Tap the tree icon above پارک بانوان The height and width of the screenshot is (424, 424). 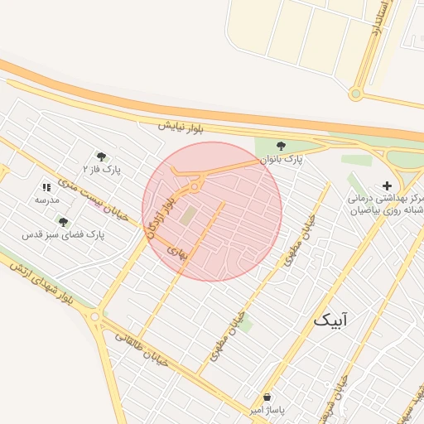[281, 146]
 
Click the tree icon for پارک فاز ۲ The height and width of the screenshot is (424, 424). [101, 156]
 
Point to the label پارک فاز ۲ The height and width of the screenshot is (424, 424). [107, 170]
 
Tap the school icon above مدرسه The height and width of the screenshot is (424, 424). [46, 188]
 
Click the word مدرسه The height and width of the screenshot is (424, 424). [46, 200]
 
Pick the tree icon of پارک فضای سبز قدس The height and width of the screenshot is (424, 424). [63, 222]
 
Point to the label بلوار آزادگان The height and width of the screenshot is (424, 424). [161, 213]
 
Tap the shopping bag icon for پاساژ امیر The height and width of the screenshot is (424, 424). [267, 397]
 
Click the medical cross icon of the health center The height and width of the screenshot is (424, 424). [387, 185]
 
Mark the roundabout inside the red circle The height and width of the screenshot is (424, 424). [194, 187]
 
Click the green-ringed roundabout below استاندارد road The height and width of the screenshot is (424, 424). [355, 94]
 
